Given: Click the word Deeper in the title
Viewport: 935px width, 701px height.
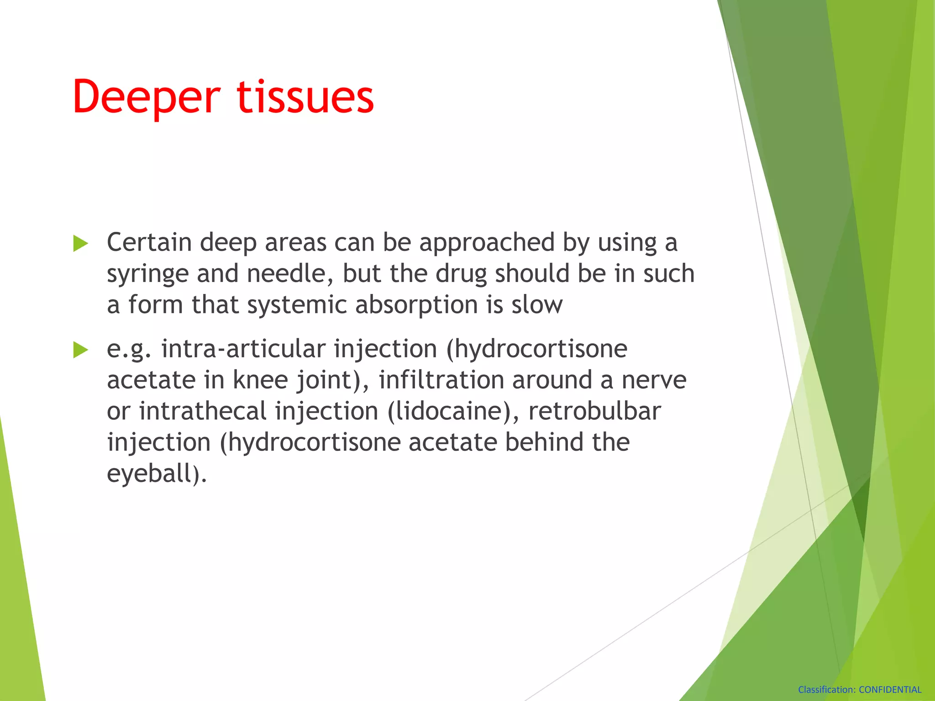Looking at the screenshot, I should pos(146,97).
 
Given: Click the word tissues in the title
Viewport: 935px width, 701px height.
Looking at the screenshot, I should pos(305,97).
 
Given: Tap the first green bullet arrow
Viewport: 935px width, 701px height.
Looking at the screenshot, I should pos(80,244).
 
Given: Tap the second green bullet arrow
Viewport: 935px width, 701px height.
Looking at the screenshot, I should pos(80,350).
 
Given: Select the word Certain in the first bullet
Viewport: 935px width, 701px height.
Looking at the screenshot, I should pos(149,242).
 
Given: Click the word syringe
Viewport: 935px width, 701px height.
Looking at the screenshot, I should pos(147,274).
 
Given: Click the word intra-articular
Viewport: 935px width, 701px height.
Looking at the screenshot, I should pos(243,349).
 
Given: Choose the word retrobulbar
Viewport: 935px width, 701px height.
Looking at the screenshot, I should pos(594,411).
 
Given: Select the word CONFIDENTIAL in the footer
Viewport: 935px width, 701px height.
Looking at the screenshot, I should pos(890,690).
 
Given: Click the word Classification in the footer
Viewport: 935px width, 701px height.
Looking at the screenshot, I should pos(826,690).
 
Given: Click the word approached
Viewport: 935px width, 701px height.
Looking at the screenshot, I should pos(487,243).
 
